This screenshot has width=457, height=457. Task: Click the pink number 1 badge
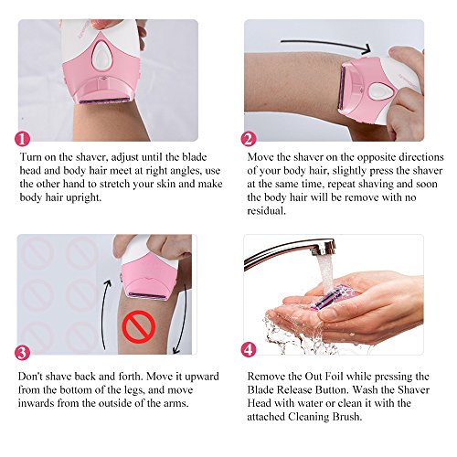click(22, 139)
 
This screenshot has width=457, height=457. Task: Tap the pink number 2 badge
click(249, 139)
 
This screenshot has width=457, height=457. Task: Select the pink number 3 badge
click(22, 353)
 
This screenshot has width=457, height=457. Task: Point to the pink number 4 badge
click(249, 349)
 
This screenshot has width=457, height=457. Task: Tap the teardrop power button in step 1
click(101, 55)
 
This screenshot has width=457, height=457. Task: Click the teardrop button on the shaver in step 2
click(377, 91)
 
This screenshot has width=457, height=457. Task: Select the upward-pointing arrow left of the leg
click(105, 314)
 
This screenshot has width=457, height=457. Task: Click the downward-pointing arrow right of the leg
click(182, 320)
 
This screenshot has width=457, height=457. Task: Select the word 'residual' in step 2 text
click(266, 211)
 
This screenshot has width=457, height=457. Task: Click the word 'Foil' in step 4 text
click(334, 377)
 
